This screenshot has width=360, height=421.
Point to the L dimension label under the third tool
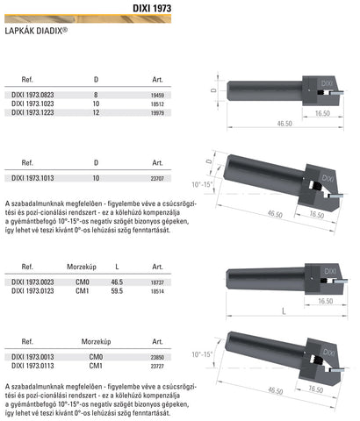coord(273,311)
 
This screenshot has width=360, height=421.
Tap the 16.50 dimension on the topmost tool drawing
coord(320,113)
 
